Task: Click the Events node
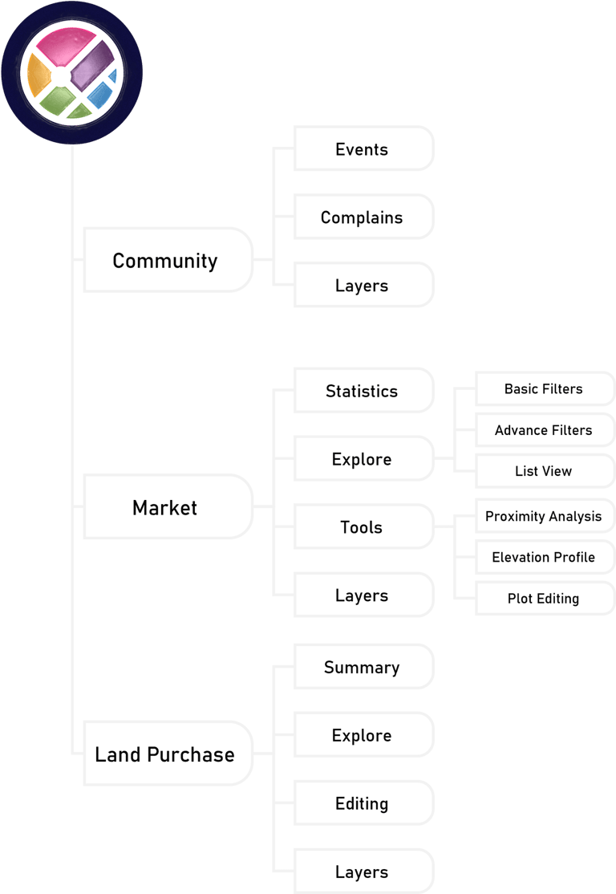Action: click(363, 149)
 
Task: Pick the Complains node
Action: click(363, 217)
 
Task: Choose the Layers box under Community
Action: click(363, 286)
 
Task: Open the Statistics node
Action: click(363, 391)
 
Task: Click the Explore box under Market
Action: click(363, 459)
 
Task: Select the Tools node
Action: click(363, 527)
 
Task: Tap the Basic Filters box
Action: click(544, 389)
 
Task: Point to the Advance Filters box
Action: click(544, 430)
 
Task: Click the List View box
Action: click(544, 471)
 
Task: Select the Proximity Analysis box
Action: click(544, 516)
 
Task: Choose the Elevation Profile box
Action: click(544, 557)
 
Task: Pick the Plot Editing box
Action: click(544, 599)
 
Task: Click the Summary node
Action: click(363, 667)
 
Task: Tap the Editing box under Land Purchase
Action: click(363, 803)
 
